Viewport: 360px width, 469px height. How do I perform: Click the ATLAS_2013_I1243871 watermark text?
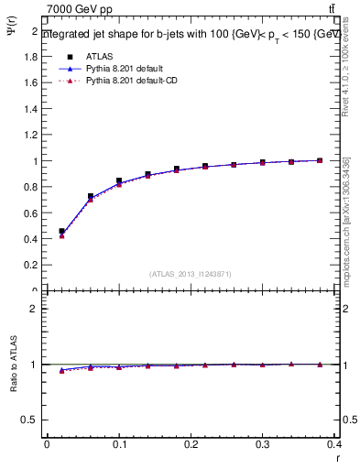191,274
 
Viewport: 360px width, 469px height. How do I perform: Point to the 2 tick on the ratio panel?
34,309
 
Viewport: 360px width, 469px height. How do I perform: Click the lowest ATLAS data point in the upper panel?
61,232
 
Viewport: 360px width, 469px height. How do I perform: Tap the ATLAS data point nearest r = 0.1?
119,181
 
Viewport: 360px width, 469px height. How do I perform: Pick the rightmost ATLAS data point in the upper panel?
320,160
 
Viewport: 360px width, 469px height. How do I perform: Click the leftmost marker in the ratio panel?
61,370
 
